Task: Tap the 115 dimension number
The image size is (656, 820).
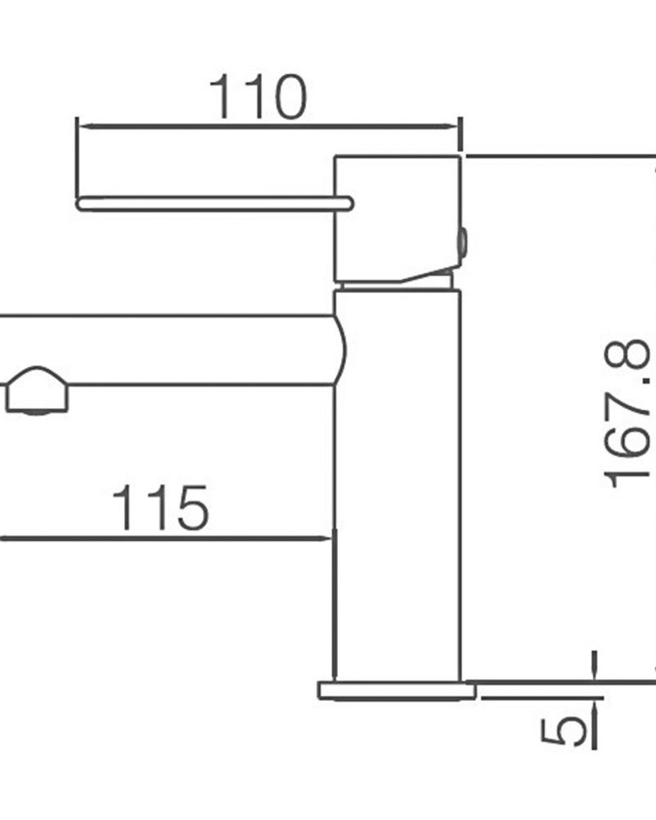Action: pos(161,508)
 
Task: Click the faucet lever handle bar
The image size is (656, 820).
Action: pos(215,203)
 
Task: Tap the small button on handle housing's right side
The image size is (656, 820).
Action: pos(463,243)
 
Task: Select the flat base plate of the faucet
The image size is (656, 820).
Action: pos(397,690)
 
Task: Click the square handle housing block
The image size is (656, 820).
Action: pos(398,219)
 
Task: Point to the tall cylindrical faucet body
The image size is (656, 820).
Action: pos(398,486)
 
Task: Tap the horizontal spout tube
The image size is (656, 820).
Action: pos(167,350)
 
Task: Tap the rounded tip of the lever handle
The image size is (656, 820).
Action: pos(81,203)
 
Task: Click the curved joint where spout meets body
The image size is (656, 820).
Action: pos(341,350)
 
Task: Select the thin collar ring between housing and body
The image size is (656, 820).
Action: pos(396,286)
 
